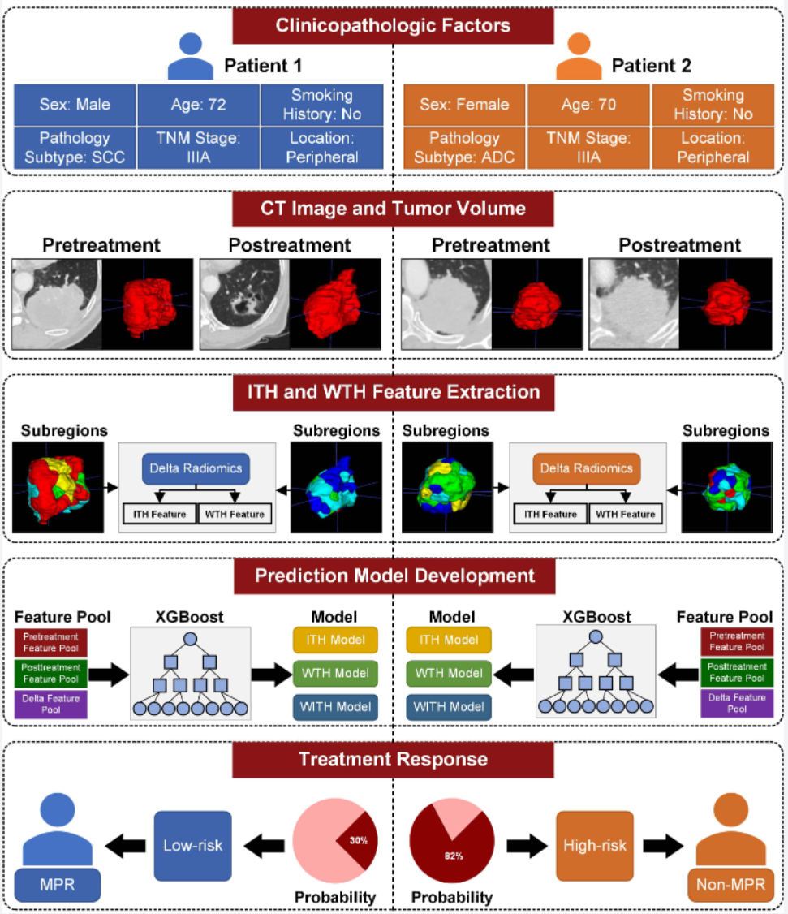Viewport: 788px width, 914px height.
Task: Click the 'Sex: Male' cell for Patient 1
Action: [x=75, y=105]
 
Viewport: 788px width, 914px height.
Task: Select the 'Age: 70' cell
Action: [x=588, y=105]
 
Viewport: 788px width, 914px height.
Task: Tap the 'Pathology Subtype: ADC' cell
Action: [x=464, y=147]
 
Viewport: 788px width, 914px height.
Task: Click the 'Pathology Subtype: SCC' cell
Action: [x=75, y=147]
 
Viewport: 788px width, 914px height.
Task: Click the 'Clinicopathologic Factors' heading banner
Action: [x=393, y=25]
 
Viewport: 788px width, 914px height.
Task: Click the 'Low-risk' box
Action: [x=192, y=845]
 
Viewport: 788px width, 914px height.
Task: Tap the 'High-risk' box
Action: [x=595, y=845]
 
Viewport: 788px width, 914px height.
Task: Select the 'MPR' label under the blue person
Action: [x=57, y=884]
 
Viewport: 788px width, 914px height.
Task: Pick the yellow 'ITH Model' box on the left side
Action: [x=335, y=640]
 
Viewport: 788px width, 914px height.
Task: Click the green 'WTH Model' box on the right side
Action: [x=448, y=673]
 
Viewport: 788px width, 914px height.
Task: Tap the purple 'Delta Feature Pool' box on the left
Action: [x=52, y=703]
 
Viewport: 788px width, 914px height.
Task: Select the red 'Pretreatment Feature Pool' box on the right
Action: [x=734, y=641]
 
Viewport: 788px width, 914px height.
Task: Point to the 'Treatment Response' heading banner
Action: [x=393, y=760]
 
